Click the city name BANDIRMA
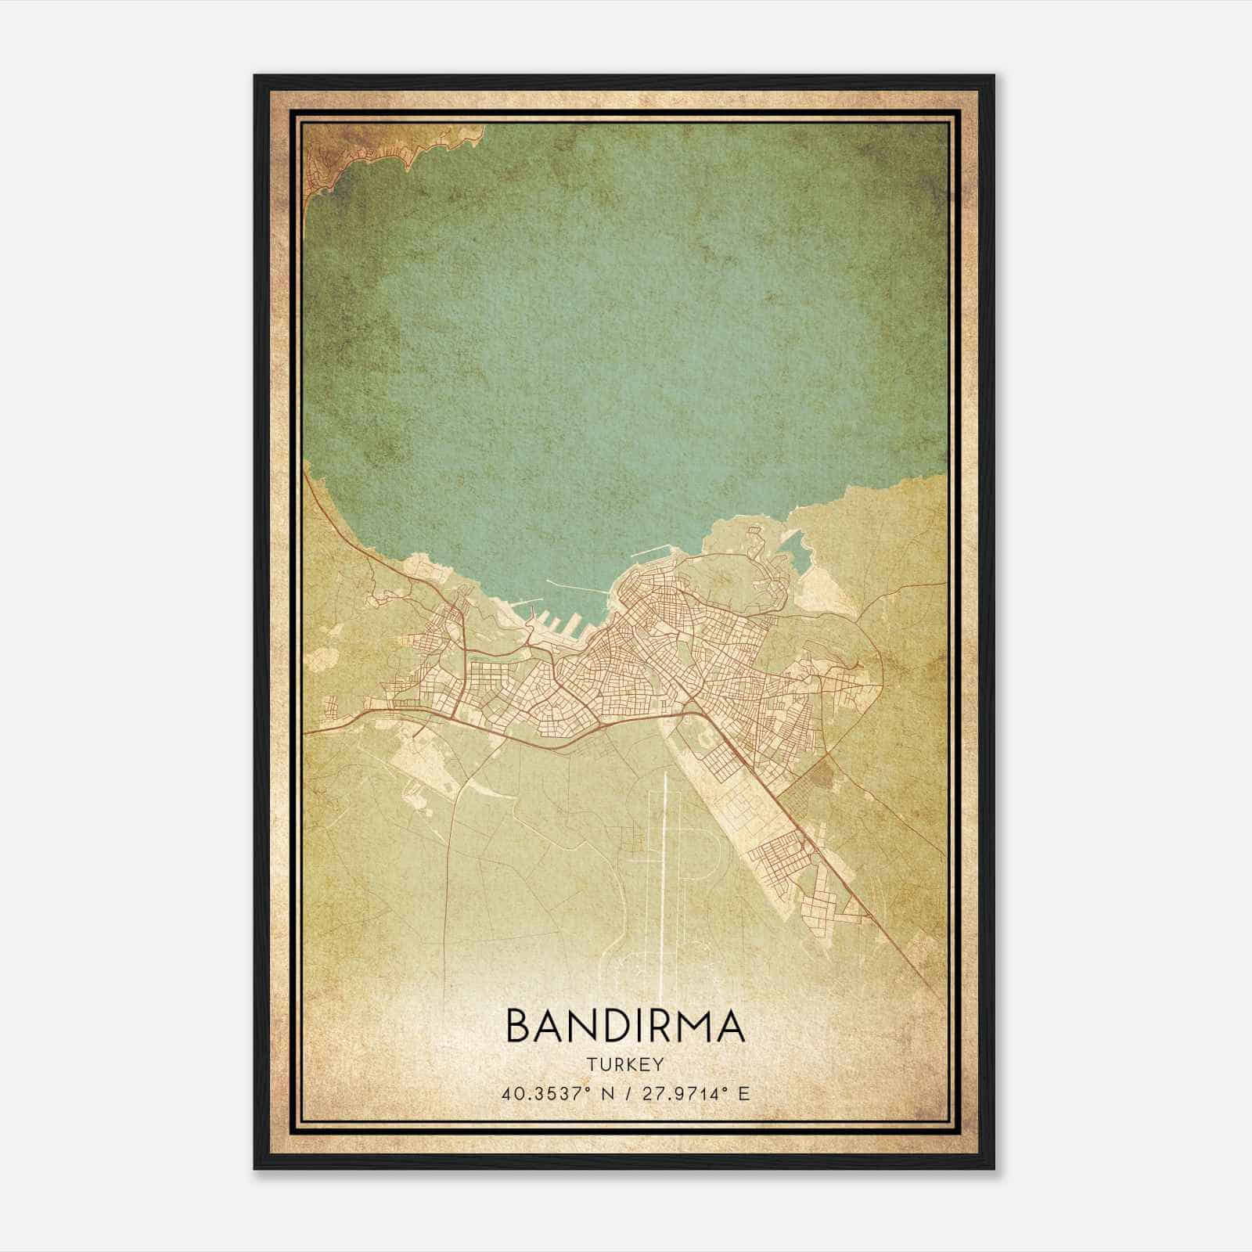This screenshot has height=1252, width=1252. (625, 1026)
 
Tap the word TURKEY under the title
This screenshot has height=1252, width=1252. (625, 1065)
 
